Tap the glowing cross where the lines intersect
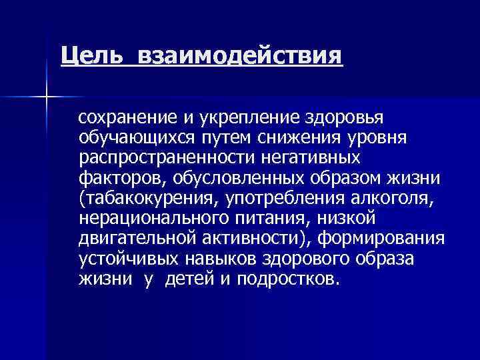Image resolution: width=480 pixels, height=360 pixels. tap(46, 98)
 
